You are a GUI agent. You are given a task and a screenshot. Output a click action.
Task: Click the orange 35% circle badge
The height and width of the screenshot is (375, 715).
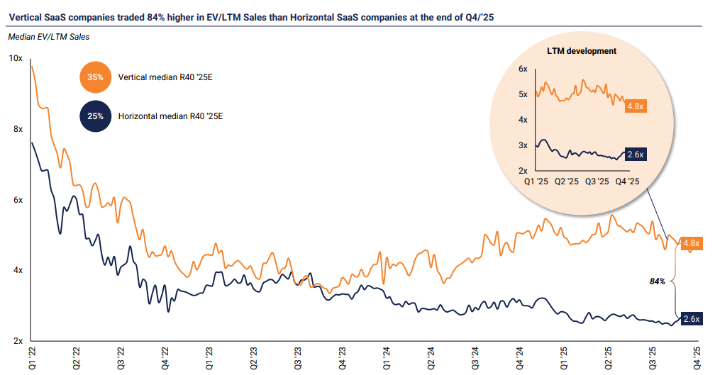pyautogui.click(x=96, y=77)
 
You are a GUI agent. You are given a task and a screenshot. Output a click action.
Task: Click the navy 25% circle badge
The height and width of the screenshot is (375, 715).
pyautogui.click(x=96, y=116)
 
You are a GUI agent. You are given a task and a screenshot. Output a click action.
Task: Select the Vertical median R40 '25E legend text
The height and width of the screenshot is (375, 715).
pyautogui.click(x=165, y=77)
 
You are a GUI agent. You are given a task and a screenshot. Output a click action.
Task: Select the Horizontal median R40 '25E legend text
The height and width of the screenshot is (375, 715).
pyautogui.click(x=170, y=116)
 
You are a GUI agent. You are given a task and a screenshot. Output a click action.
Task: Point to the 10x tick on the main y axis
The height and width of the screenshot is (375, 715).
pyautogui.click(x=16, y=58)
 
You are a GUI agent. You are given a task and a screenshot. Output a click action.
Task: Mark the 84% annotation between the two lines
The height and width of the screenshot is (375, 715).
pyautogui.click(x=658, y=281)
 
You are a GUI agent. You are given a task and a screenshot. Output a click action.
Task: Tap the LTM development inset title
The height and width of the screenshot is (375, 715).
pyautogui.click(x=582, y=51)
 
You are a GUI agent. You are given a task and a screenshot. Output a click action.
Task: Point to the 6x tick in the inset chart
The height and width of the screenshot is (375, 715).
pyautogui.click(x=523, y=69)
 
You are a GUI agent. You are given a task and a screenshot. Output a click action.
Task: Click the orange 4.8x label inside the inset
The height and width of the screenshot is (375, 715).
pyautogui.click(x=636, y=106)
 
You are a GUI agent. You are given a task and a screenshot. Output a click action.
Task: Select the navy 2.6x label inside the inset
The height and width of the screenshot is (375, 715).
pyautogui.click(x=636, y=154)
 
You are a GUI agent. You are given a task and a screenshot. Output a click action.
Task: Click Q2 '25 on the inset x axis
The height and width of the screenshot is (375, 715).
pyautogui.click(x=568, y=182)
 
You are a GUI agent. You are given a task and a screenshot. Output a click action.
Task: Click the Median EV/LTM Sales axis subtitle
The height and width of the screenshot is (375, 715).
pyautogui.click(x=53, y=36)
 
